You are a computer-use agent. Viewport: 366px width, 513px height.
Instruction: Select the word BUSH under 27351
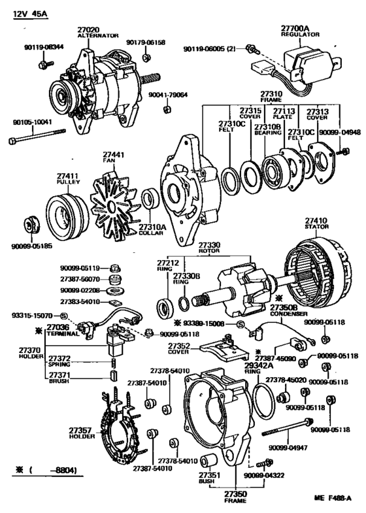[207, 480]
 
